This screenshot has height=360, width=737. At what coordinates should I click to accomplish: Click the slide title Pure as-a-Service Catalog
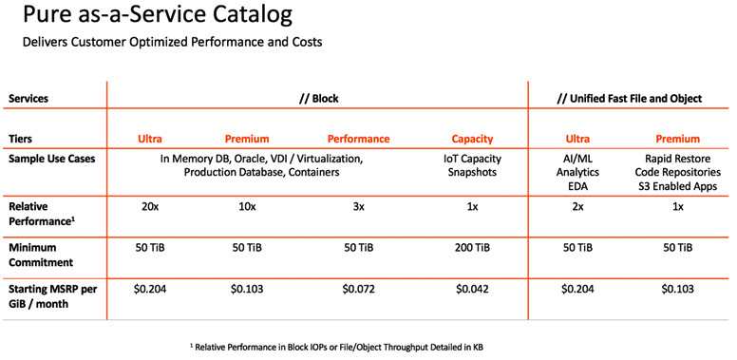[x=157, y=15]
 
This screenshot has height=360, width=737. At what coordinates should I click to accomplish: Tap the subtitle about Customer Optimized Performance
[x=173, y=42]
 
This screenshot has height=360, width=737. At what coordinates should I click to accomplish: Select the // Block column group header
[x=319, y=99]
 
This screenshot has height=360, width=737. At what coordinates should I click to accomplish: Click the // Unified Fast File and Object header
[x=630, y=99]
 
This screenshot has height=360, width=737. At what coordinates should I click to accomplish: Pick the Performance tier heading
[x=359, y=139]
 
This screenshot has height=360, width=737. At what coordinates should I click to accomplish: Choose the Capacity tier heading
[x=472, y=139]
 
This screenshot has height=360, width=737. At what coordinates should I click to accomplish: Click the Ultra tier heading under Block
[x=150, y=139]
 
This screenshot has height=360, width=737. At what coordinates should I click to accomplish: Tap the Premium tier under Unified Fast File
[x=677, y=139]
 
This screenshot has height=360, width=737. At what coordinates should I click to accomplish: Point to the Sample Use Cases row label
[x=51, y=159]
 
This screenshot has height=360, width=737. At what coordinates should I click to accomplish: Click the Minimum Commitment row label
[x=41, y=256]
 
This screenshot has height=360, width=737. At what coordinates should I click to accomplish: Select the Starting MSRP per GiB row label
[x=52, y=296]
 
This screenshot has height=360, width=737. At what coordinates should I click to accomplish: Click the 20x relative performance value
[x=150, y=207]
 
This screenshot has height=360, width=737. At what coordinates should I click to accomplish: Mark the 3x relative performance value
[x=359, y=207]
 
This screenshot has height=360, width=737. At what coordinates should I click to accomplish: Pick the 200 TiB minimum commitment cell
[x=472, y=248]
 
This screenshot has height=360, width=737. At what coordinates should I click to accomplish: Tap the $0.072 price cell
[x=359, y=289]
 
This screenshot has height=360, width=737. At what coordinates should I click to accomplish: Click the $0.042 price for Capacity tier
[x=472, y=289]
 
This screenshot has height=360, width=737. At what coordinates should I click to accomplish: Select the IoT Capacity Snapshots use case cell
[x=472, y=165]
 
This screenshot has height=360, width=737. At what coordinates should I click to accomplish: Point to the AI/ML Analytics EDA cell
[x=577, y=173]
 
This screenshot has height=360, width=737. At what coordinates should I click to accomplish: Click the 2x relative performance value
[x=577, y=207]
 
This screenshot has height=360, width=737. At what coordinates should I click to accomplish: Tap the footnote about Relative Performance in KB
[x=336, y=348]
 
